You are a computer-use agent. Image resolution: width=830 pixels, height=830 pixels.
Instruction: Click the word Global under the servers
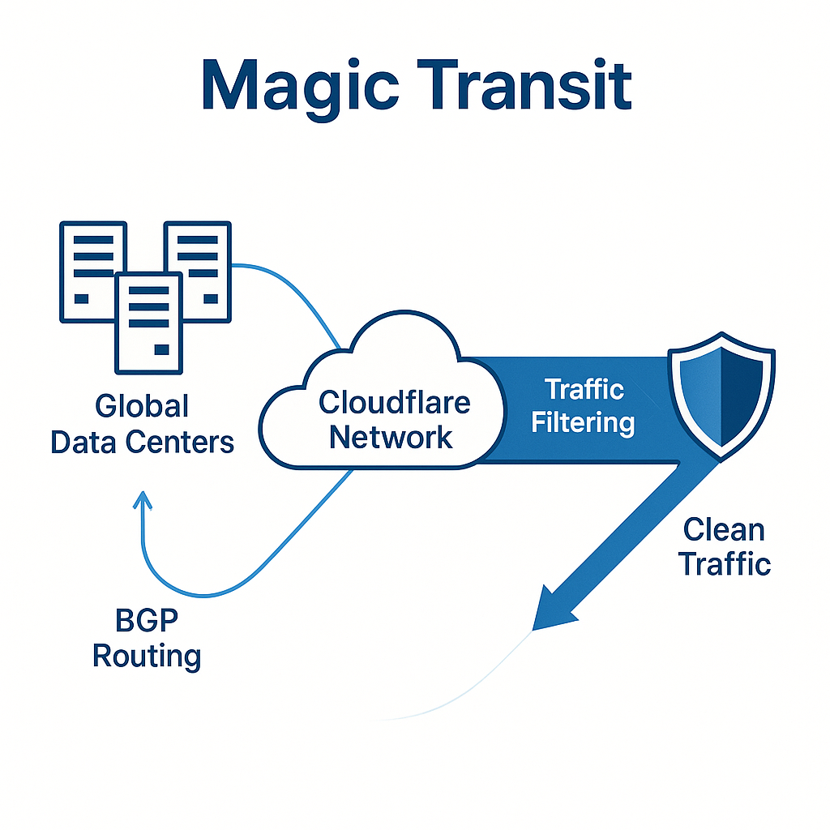pyautogui.click(x=142, y=406)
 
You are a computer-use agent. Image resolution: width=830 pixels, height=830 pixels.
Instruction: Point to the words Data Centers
pyautogui.click(x=142, y=443)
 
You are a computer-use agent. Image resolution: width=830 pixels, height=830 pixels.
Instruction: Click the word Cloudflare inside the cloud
pyautogui.click(x=394, y=402)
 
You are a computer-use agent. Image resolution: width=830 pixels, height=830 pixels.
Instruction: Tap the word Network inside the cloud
pyautogui.click(x=391, y=438)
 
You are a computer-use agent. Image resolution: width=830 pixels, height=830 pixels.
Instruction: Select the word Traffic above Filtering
pyautogui.click(x=584, y=389)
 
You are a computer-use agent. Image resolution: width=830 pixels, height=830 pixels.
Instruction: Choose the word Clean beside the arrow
pyautogui.click(x=723, y=530)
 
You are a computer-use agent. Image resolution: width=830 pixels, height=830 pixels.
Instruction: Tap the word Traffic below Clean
pyautogui.click(x=724, y=563)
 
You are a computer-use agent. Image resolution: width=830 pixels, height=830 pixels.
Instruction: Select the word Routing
pyautogui.click(x=147, y=655)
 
